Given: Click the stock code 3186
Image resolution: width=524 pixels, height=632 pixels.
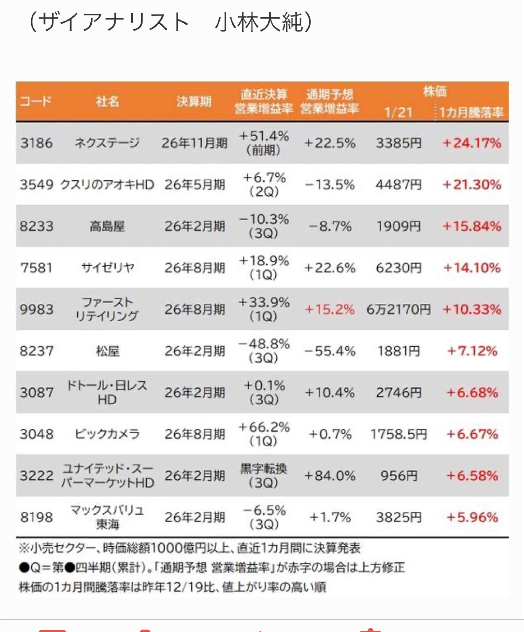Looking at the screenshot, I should click(36, 143).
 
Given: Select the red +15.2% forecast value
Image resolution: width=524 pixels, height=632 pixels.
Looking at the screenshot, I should click(330, 309).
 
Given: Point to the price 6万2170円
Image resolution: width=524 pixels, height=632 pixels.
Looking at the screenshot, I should click(398, 309).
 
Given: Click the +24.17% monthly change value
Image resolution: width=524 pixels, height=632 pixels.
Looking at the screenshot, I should click(472, 143).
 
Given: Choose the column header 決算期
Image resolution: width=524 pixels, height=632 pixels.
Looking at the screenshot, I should click(194, 102).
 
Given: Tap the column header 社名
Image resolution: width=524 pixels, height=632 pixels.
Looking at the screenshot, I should click(107, 102).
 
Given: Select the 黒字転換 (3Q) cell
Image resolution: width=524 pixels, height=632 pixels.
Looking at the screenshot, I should click(263, 476).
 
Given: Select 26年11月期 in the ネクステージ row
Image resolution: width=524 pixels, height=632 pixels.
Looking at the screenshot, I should click(194, 143).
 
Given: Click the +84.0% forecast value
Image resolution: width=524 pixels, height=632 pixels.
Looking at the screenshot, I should click(330, 476).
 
